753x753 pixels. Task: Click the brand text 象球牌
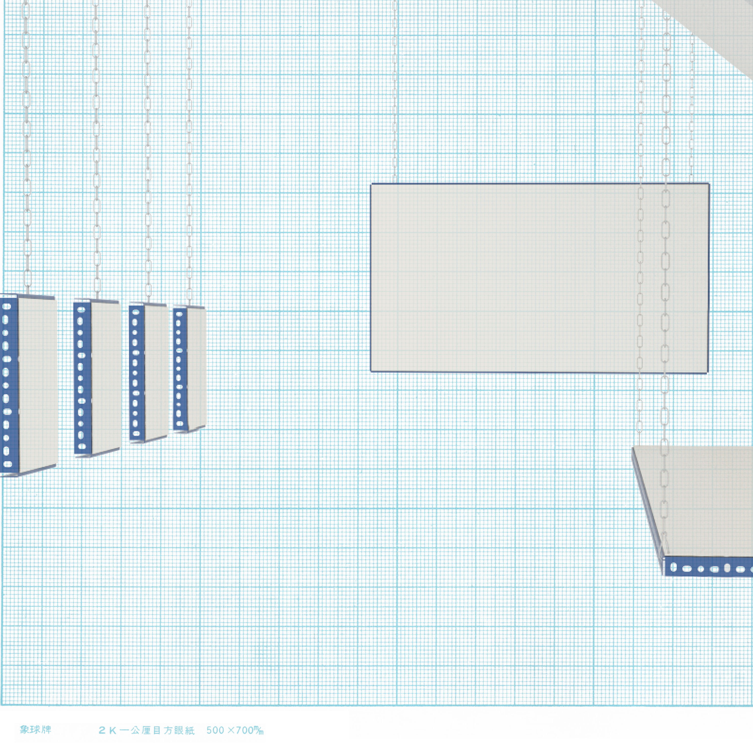coord(35,730)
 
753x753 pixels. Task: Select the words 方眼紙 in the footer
coord(179,730)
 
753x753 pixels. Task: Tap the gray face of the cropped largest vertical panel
coord(37,384)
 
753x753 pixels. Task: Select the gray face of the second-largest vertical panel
coord(105,376)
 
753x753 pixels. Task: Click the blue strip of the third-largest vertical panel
coord(137,372)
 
